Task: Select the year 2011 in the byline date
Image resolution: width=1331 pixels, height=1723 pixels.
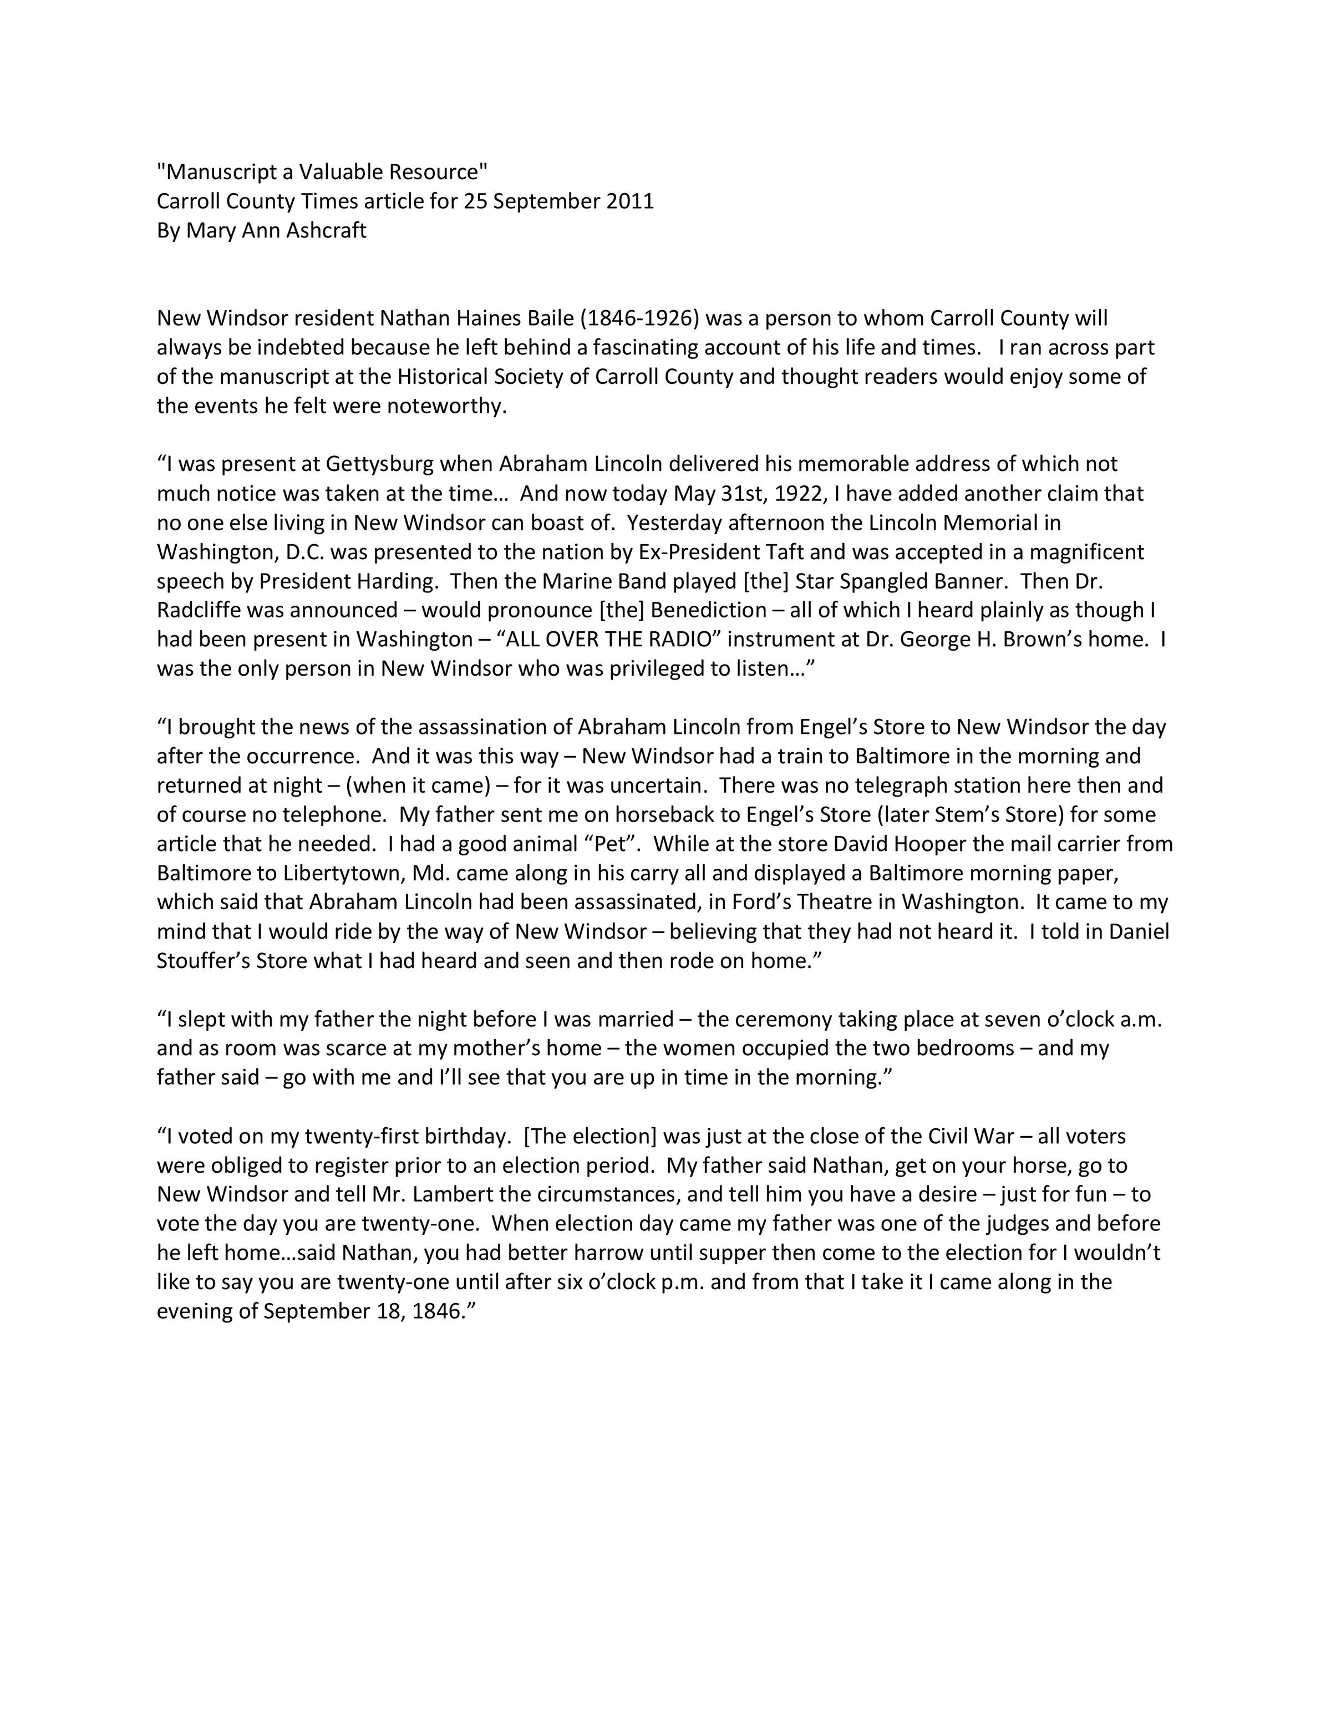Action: point(630,201)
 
